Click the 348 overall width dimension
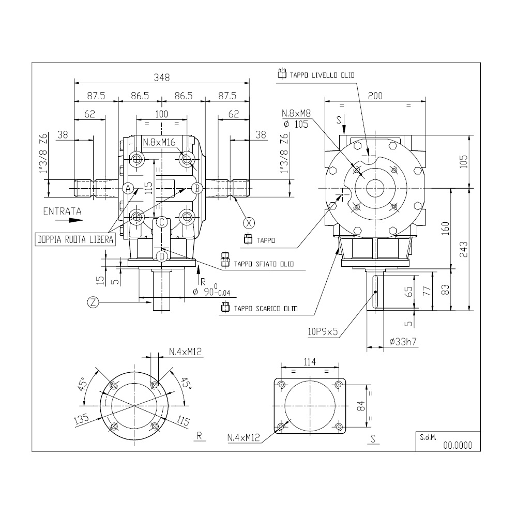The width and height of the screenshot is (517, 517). (161, 77)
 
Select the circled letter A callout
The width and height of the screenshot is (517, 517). (128, 188)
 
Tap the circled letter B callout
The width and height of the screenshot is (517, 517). (197, 188)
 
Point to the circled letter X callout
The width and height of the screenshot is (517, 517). (249, 223)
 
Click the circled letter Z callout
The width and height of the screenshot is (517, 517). (93, 302)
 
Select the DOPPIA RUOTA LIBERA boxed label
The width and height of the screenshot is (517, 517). (75, 239)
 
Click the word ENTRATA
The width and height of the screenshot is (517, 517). (63, 211)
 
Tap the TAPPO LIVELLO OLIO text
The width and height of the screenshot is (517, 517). (322, 75)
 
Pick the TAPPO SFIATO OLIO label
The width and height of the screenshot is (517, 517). (264, 264)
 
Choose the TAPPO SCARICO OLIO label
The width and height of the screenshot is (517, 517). (266, 309)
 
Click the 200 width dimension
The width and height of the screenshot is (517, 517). (375, 96)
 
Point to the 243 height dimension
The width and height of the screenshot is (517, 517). (463, 249)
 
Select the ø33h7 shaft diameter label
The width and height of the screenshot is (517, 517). (403, 342)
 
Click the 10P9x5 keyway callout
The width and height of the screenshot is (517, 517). (323, 331)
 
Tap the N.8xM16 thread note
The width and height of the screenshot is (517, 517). (159, 143)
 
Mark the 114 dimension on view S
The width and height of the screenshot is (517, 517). (310, 362)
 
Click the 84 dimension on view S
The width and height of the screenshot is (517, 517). (362, 406)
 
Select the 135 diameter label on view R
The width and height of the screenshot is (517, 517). (82, 419)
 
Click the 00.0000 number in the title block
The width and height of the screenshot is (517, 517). (458, 446)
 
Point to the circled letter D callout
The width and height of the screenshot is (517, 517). (161, 256)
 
